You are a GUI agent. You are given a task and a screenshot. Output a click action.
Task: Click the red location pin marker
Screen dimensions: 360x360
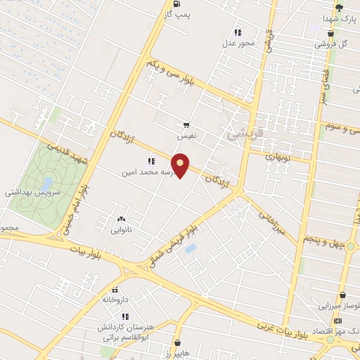(181, 165)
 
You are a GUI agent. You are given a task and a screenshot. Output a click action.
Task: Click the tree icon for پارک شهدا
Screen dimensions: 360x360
(339, 8)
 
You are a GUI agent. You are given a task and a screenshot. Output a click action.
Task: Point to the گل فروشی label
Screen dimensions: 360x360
(330, 43)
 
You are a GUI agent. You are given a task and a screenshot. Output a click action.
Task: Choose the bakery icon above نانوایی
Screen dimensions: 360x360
(122, 219)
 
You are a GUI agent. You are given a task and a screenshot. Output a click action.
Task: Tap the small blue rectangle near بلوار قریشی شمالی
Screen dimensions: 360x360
(191, 248)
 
